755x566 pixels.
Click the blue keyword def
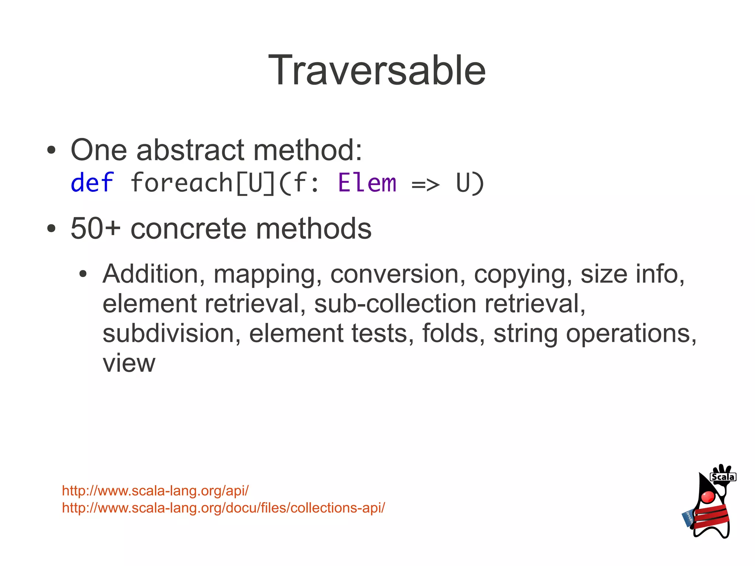pyautogui.click(x=92, y=183)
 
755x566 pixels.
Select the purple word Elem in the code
pyautogui.click(x=367, y=183)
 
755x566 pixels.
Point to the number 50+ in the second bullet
pyautogui.click(x=95, y=228)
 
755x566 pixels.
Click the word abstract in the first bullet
pyautogui.click(x=190, y=150)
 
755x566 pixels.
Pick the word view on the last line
pyautogui.click(x=129, y=363)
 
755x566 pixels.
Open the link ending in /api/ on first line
pyautogui.click(x=155, y=491)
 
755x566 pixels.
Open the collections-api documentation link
pyautogui.click(x=223, y=508)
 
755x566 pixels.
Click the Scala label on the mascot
pyautogui.click(x=723, y=477)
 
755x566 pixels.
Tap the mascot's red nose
pyautogui.click(x=708, y=497)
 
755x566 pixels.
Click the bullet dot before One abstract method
pyautogui.click(x=51, y=150)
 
